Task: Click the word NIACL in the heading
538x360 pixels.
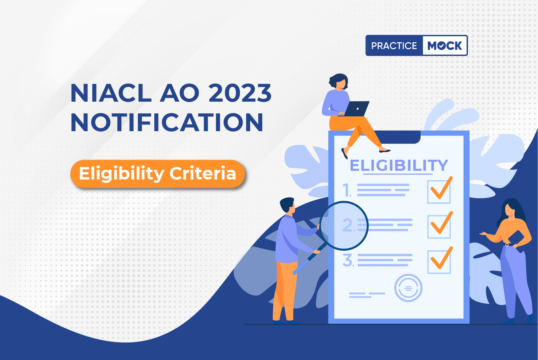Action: click(x=111, y=93)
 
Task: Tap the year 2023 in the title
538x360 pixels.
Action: click(x=240, y=93)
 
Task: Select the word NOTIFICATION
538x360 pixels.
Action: click(x=167, y=122)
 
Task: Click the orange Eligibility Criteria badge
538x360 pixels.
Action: click(x=158, y=174)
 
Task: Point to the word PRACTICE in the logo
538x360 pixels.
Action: click(x=394, y=46)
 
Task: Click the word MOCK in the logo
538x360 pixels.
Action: click(x=445, y=46)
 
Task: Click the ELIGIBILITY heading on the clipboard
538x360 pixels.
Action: click(x=399, y=165)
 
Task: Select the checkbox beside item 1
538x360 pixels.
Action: click(x=439, y=192)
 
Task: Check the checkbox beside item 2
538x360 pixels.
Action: click(x=439, y=227)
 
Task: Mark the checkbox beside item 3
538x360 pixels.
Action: click(x=439, y=262)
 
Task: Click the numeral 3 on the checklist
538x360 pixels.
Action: click(x=348, y=260)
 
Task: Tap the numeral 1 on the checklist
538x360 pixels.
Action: click(x=347, y=190)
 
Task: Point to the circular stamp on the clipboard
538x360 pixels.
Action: click(x=408, y=288)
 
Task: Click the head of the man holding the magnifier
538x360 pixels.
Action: click(x=288, y=206)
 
